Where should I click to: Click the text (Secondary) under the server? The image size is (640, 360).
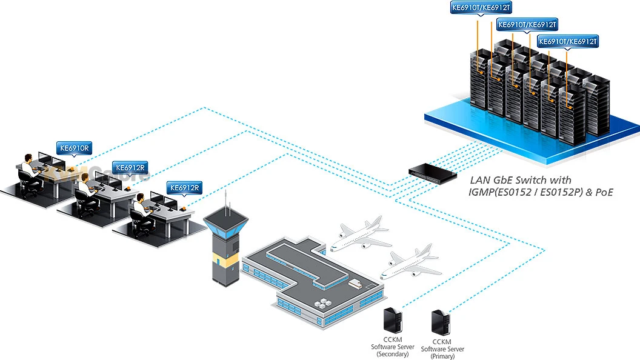pyautogui.click(x=392, y=354)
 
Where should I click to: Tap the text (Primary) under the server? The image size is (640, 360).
pyautogui.click(x=442, y=356)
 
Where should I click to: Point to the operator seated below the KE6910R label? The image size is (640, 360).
pyautogui.click(x=29, y=167)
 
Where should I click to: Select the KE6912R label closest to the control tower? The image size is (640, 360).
pyautogui.click(x=185, y=188)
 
